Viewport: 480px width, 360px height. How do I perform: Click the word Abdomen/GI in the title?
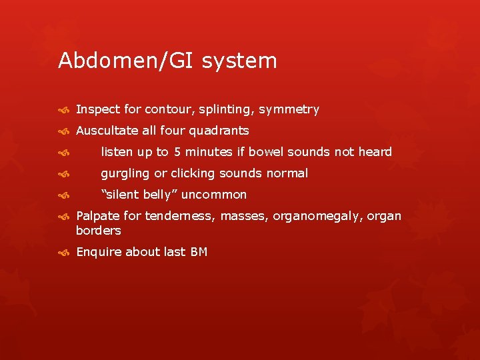pos(117,61)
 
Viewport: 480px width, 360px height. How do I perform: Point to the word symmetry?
pos(289,109)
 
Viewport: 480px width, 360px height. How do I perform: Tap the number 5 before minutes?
pos(177,152)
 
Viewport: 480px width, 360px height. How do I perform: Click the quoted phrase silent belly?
pos(139,195)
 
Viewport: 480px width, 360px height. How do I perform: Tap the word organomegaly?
pos(325,216)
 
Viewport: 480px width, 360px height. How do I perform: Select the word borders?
pos(98,231)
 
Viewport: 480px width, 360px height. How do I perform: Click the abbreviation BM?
pos(198,252)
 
